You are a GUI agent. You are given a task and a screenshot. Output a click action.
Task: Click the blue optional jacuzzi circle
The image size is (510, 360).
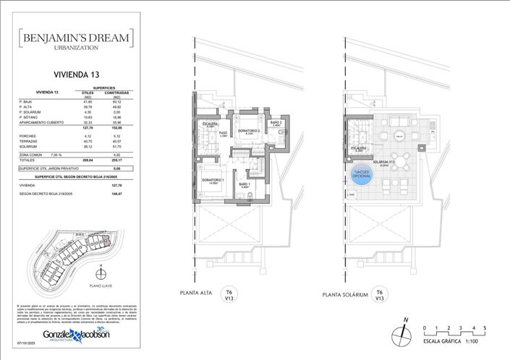tap(359, 176)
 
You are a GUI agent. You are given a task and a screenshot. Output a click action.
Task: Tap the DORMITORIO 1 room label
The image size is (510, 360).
tap(213, 181)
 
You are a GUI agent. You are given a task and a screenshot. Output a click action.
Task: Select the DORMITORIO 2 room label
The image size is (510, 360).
tap(249, 132)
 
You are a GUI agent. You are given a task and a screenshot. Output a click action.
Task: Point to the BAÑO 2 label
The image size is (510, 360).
tap(276, 124)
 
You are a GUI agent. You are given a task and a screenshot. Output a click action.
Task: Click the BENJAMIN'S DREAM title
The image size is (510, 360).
tap(76, 36)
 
